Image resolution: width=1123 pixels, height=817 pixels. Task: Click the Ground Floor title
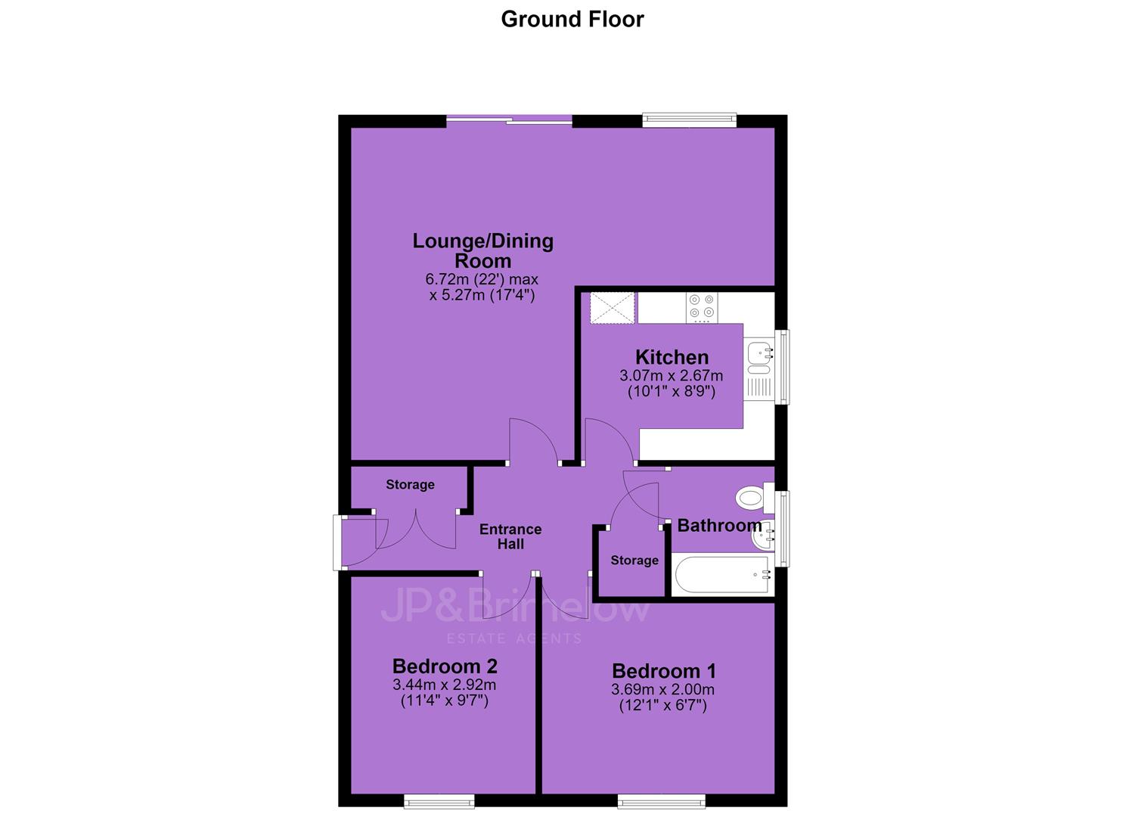click(x=572, y=20)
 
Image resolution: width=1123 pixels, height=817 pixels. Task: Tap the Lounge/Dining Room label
click(x=482, y=250)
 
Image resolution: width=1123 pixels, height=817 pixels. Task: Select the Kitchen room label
click(x=672, y=357)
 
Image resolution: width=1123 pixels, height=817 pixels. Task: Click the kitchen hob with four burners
click(x=701, y=307)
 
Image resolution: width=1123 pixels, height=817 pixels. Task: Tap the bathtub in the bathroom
click(x=722, y=574)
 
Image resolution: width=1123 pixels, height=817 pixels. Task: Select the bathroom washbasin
click(x=763, y=537)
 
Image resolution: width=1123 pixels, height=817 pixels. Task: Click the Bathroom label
click(x=719, y=526)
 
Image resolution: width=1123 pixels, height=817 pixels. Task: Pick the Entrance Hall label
click(x=510, y=536)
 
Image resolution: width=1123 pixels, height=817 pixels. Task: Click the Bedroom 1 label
click(x=664, y=670)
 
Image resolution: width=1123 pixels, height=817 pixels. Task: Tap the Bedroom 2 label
click(x=445, y=666)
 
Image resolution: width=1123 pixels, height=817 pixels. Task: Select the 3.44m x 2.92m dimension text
click(x=445, y=685)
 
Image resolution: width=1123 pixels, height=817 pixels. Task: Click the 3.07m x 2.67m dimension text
click(x=672, y=375)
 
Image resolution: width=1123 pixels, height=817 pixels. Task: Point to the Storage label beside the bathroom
click(x=634, y=561)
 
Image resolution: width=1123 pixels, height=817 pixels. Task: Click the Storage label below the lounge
click(x=410, y=484)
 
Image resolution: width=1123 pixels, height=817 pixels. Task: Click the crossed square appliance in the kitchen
click(x=612, y=308)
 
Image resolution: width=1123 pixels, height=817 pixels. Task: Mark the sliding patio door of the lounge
click(x=510, y=120)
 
